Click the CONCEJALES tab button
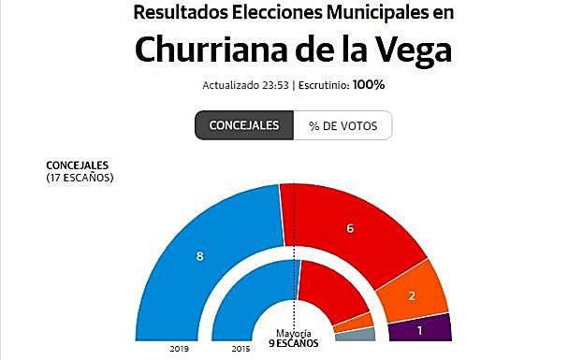(243, 125)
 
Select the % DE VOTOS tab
(343, 125)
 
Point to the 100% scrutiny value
(369, 85)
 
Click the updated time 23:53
(273, 85)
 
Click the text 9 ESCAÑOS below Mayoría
(293, 343)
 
